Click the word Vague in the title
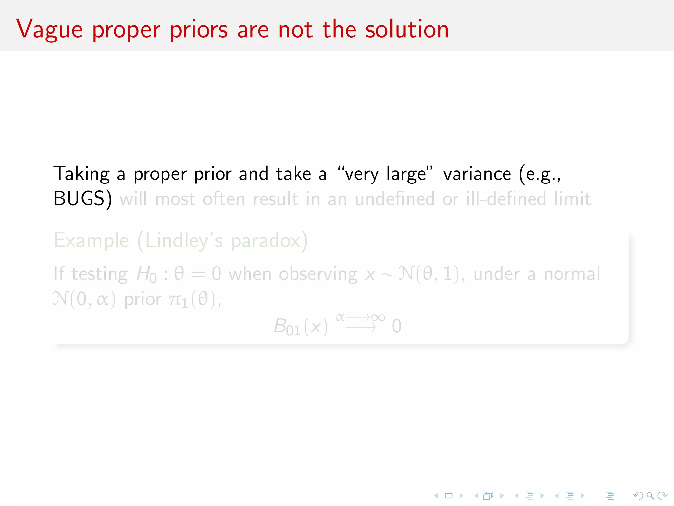pyautogui.click(x=49, y=30)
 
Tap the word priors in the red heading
pyautogui.click(x=199, y=30)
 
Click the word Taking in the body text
pyautogui.click(x=81, y=174)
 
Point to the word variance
pyautogui.click(x=477, y=174)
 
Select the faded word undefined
pyautogui.click(x=395, y=199)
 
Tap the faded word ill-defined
pyautogui.click(x=506, y=199)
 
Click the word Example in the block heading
pyautogui.click(x=91, y=240)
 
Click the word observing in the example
pyautogui.click(x=318, y=274)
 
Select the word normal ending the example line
pyautogui.click(x=572, y=274)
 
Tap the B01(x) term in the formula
pyautogui.click(x=300, y=326)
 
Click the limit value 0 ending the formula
pyautogui.click(x=396, y=326)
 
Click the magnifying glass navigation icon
pyautogui.click(x=650, y=495)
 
